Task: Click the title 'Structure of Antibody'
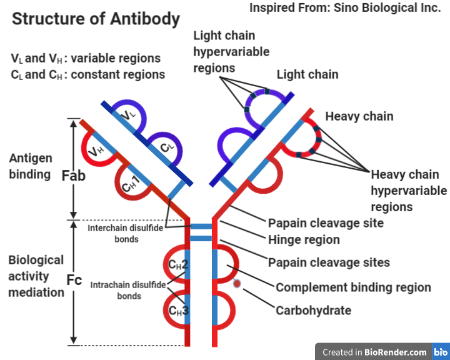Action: pyautogui.click(x=96, y=19)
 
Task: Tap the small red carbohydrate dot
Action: pyautogui.click(x=237, y=284)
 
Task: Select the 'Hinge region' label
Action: pyautogui.click(x=304, y=239)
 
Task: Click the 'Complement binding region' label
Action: pyautogui.click(x=353, y=287)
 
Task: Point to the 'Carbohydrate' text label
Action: pyautogui.click(x=313, y=310)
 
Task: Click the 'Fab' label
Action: pyautogui.click(x=74, y=176)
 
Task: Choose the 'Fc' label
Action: pyautogui.click(x=74, y=280)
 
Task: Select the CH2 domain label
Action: pyautogui.click(x=178, y=264)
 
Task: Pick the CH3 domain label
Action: pyautogui.click(x=178, y=309)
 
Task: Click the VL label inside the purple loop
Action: pyautogui.click(x=128, y=114)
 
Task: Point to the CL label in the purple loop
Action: pyautogui.click(x=167, y=147)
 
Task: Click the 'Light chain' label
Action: pyautogui.click(x=307, y=74)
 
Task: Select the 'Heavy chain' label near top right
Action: pyautogui.click(x=359, y=116)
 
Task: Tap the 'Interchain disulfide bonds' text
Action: pyautogui.click(x=122, y=233)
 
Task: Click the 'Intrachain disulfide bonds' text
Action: pyautogui.click(x=129, y=290)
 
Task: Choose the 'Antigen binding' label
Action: pyautogui.click(x=31, y=166)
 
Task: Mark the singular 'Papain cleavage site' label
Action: pyautogui.click(x=326, y=223)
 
